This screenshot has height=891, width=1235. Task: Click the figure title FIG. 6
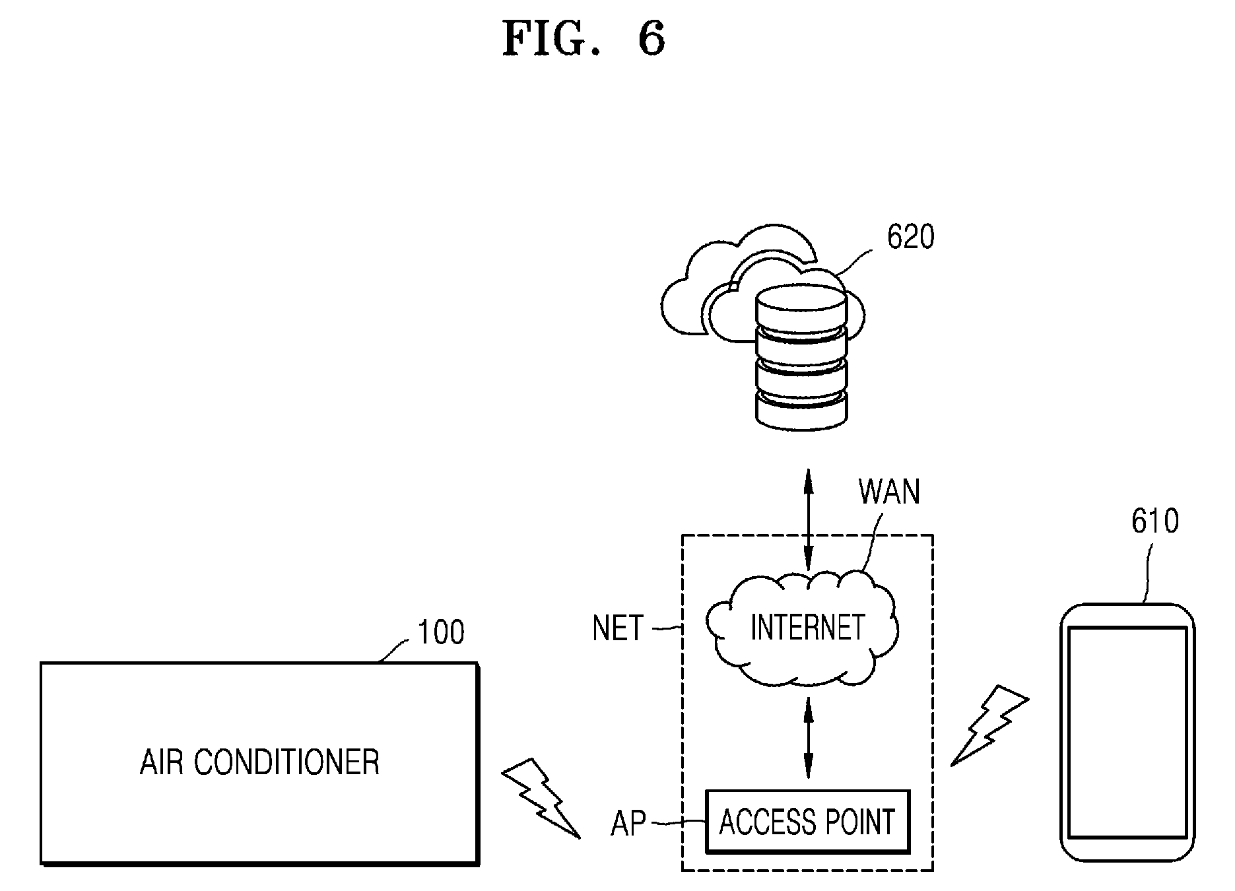(584, 38)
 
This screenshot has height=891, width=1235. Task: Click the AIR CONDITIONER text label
(259, 762)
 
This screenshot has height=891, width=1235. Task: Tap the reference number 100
(441, 632)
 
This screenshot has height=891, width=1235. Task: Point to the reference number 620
(911, 237)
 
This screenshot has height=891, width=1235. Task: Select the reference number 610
(1155, 521)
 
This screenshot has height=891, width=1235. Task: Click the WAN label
(889, 492)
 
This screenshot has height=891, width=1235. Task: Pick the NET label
(618, 628)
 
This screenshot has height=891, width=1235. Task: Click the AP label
(628, 823)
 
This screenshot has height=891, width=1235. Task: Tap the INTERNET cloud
(801, 628)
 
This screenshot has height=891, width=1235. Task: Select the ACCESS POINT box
(807, 822)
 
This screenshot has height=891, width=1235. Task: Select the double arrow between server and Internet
(807, 519)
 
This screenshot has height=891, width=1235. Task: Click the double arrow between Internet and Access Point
(807, 738)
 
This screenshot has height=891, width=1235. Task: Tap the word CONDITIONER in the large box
(287, 762)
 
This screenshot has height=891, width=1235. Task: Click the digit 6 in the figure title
(651, 38)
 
